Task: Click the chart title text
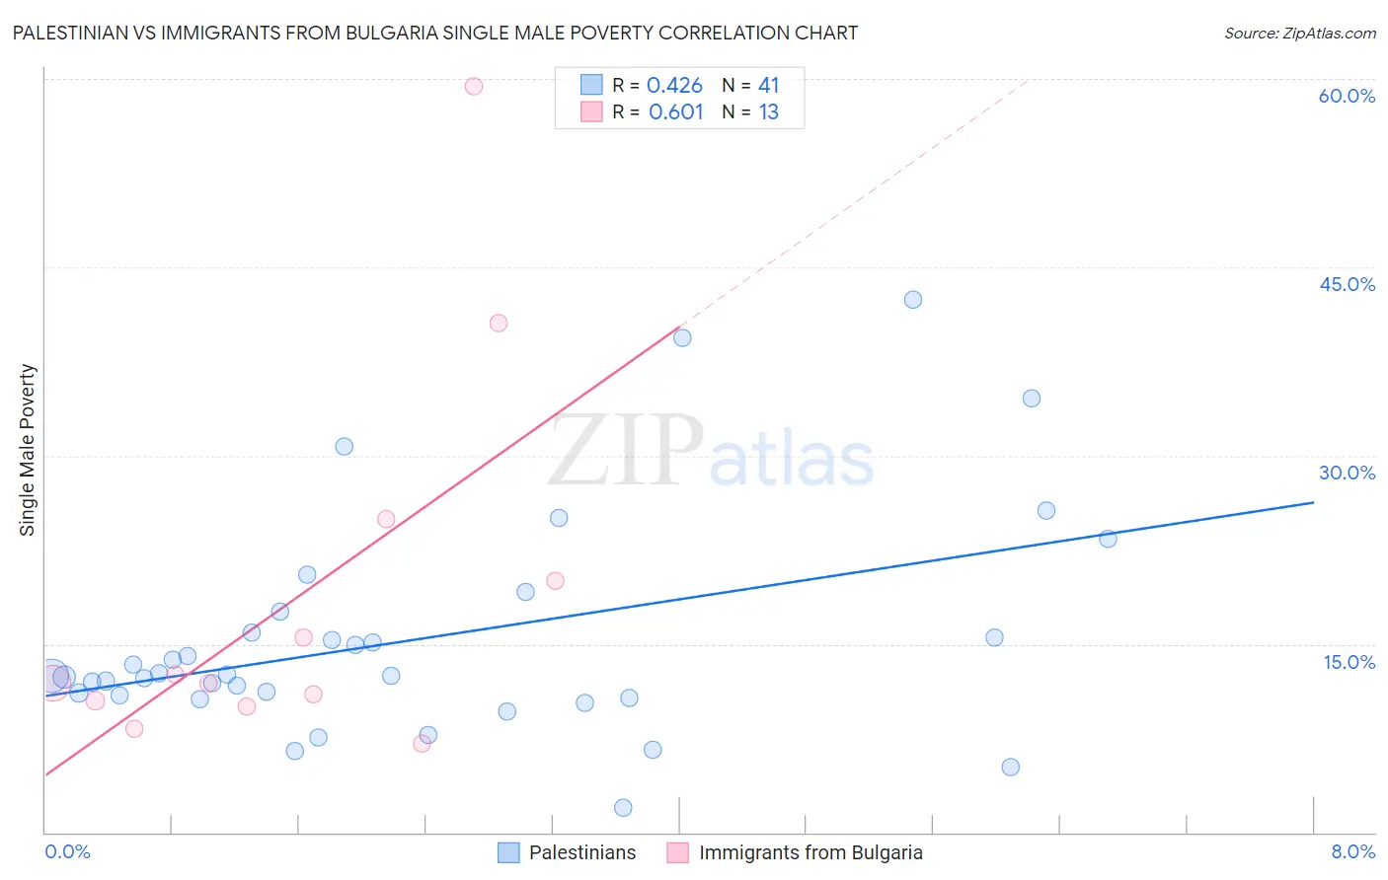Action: click(x=435, y=33)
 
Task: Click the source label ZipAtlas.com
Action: click(x=1299, y=33)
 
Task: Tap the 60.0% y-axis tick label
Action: click(x=1347, y=96)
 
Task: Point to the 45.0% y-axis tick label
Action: click(x=1347, y=284)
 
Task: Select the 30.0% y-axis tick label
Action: click(x=1347, y=473)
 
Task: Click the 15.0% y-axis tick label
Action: click(x=1349, y=662)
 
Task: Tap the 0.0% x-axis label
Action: click(x=67, y=851)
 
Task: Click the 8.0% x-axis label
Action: click(x=1352, y=851)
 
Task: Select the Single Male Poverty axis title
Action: click(x=28, y=450)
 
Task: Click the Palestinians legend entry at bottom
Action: click(x=581, y=852)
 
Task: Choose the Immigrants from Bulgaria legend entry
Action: click(x=810, y=852)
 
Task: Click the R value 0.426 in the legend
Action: click(x=674, y=86)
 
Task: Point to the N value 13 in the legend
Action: click(x=768, y=112)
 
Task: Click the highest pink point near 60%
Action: click(x=474, y=86)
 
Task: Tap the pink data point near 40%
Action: click(x=499, y=323)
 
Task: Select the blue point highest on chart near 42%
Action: click(x=913, y=300)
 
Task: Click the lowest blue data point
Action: click(x=623, y=808)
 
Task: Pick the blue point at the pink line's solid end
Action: click(x=682, y=337)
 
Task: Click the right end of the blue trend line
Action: click(x=1313, y=502)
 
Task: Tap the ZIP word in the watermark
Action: click(x=626, y=452)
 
